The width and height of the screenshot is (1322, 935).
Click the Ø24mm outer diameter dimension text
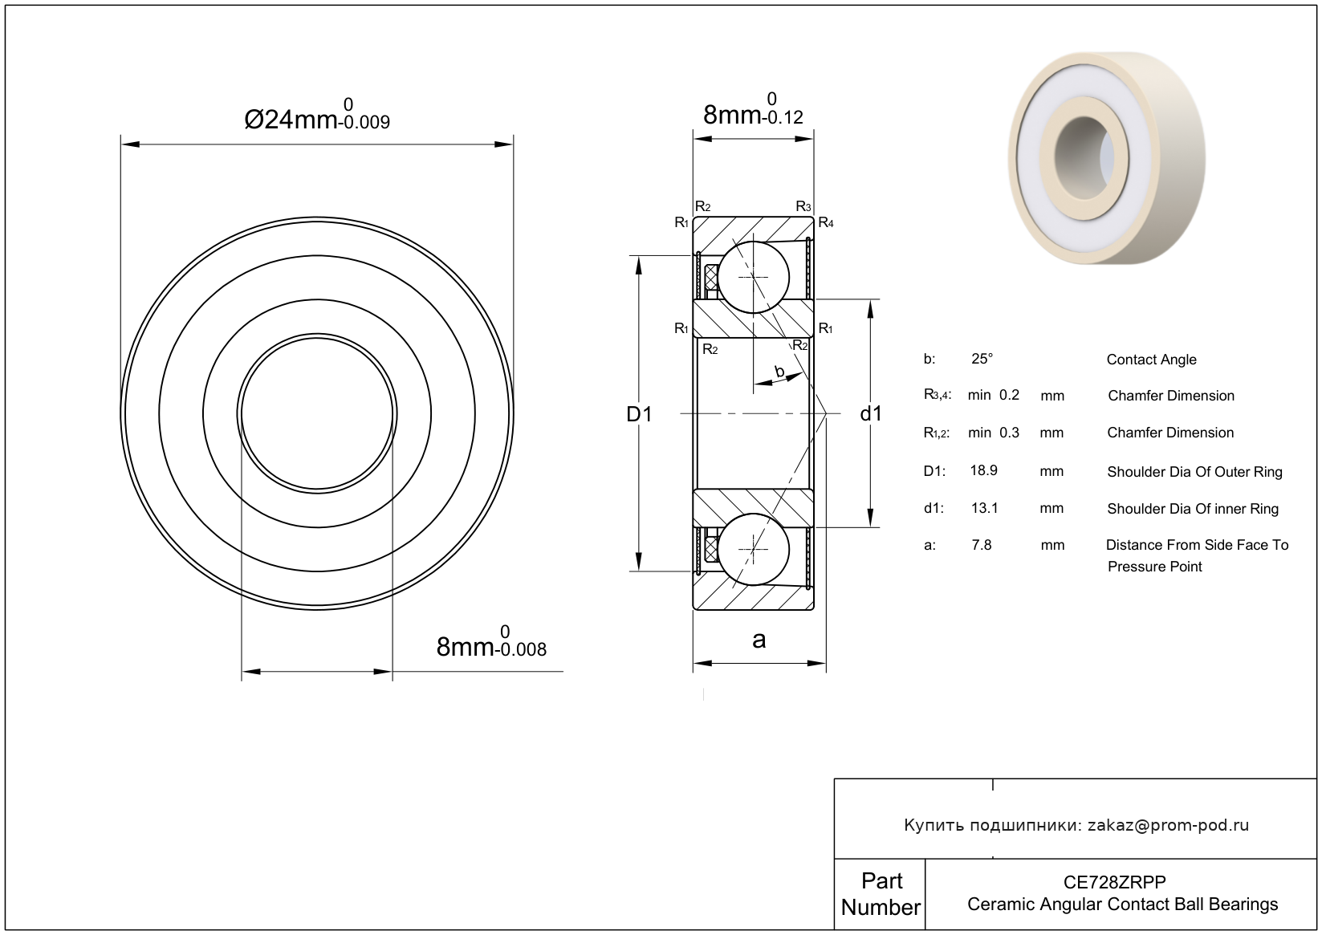(317, 115)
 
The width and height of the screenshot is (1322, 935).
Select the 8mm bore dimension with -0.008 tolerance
(491, 642)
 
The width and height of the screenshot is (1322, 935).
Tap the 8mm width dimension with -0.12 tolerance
(753, 109)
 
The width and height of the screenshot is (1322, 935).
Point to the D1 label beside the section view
(639, 414)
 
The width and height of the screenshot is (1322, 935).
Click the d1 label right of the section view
(871, 414)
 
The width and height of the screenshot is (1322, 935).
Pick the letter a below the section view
(759, 640)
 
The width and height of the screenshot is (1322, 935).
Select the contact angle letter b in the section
(779, 372)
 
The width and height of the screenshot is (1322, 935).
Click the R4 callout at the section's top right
(826, 222)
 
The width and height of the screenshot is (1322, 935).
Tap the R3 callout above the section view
(803, 206)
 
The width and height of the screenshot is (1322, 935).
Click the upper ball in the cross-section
(754, 277)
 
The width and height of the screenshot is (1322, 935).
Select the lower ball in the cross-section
(754, 549)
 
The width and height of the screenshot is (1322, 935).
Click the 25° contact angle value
(982, 359)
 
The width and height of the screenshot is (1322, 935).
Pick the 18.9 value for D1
(984, 470)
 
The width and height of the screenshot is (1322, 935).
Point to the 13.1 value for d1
(984, 508)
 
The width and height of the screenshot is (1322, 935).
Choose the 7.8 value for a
(982, 544)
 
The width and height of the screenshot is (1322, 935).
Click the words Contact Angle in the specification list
(1152, 360)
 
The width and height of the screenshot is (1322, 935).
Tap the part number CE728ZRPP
(1114, 882)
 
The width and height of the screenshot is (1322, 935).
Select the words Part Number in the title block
(881, 894)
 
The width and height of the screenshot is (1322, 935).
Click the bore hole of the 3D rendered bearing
(1084, 158)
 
